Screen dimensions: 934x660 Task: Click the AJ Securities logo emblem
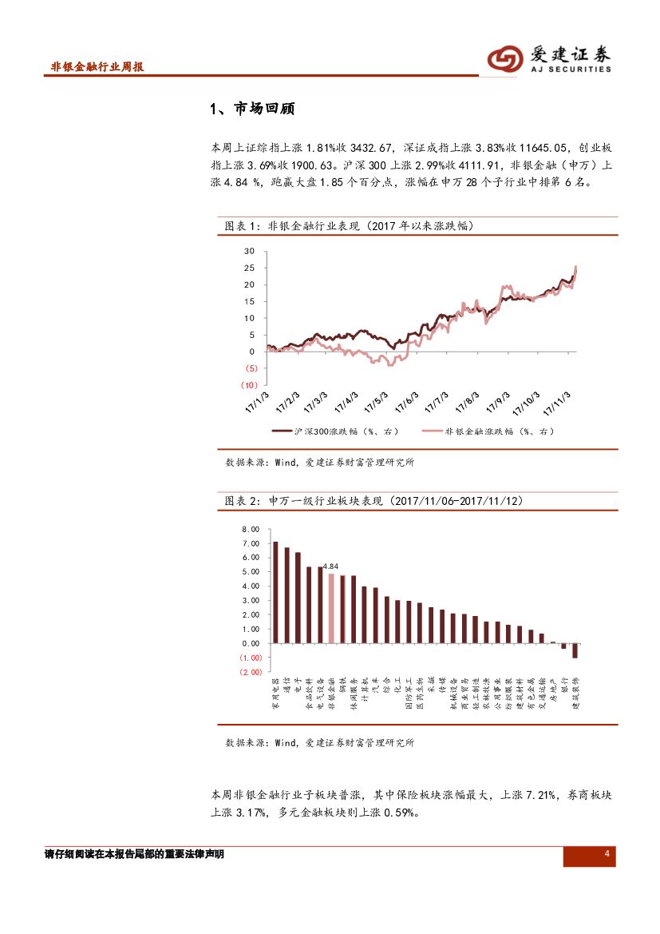click(x=505, y=58)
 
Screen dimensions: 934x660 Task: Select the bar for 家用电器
click(x=275, y=592)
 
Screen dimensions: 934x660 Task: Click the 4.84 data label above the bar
click(x=331, y=566)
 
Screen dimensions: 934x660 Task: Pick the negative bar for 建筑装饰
click(x=575, y=650)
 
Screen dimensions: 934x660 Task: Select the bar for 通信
click(x=287, y=595)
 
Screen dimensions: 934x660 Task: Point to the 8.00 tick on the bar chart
click(x=250, y=530)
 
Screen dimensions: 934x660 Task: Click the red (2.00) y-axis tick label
click(x=250, y=672)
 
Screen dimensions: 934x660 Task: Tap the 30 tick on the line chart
click(x=249, y=251)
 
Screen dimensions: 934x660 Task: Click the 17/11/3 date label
click(x=556, y=403)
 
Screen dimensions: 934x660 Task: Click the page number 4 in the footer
click(x=607, y=855)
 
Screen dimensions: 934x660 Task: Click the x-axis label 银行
click(x=564, y=687)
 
